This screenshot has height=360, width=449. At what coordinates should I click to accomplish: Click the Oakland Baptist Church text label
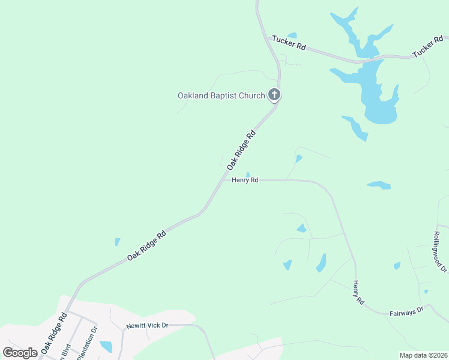pos(221,95)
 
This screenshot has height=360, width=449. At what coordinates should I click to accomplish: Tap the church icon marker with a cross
pos(274,95)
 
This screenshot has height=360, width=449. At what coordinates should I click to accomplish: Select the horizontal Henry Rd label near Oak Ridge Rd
pos(245,179)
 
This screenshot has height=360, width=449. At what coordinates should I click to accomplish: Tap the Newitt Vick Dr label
pos(146,326)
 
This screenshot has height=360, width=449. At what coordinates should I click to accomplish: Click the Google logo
pos(20,353)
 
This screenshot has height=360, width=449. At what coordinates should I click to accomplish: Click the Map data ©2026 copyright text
pos(423,355)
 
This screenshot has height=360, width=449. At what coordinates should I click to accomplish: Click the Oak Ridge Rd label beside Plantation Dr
pos(54,332)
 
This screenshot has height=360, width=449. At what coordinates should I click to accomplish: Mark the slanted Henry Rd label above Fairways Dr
pos(359,292)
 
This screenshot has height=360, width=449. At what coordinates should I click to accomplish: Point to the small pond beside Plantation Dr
pos(106,346)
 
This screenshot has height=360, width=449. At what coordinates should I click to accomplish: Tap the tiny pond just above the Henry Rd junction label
pos(247,174)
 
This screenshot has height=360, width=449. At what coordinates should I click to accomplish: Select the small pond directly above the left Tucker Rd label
pos(292,35)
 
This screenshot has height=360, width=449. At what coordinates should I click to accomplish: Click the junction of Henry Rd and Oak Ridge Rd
pos(226,179)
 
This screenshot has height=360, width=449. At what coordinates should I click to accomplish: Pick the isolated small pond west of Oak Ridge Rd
pos(117,242)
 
